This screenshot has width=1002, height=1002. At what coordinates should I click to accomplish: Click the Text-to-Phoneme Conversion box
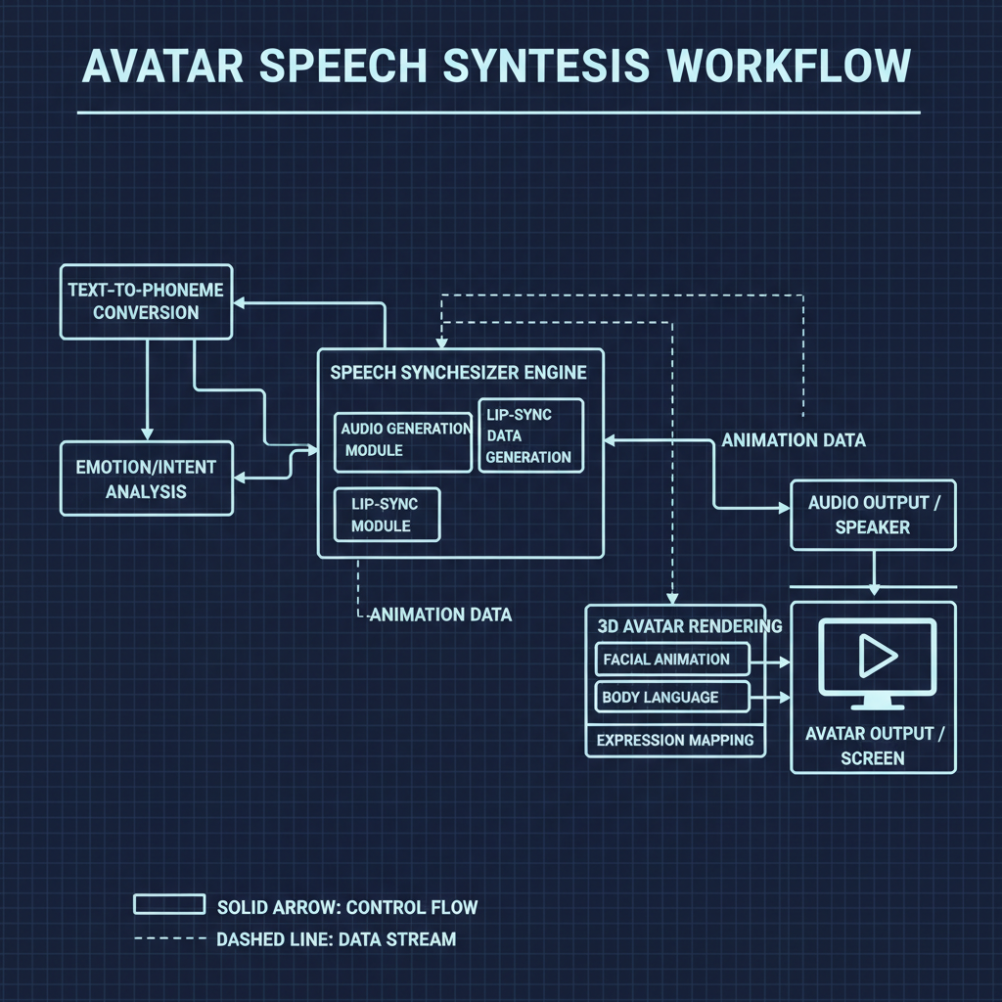(146, 301)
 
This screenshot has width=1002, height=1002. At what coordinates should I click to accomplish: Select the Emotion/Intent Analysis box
(146, 478)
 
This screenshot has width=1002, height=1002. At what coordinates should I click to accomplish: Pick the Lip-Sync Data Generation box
(529, 435)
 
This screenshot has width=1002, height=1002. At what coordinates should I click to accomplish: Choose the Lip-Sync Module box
(387, 515)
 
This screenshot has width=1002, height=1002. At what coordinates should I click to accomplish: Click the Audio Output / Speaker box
(872, 515)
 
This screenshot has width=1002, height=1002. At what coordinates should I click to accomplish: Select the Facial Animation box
(671, 660)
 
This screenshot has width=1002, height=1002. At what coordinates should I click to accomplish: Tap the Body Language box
(671, 697)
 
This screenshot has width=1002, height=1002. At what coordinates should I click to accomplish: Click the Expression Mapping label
(675, 740)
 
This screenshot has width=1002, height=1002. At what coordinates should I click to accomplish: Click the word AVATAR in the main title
(164, 67)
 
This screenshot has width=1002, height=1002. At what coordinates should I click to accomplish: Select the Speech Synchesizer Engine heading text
(458, 373)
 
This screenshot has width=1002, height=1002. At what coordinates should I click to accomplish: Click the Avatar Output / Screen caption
(872, 746)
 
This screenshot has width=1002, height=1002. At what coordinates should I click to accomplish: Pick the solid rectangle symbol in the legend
(168, 904)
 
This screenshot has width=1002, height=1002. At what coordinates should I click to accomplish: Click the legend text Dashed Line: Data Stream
(336, 939)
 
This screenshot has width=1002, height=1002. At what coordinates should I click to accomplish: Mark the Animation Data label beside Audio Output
(794, 440)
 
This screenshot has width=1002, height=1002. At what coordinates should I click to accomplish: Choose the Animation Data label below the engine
(439, 615)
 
